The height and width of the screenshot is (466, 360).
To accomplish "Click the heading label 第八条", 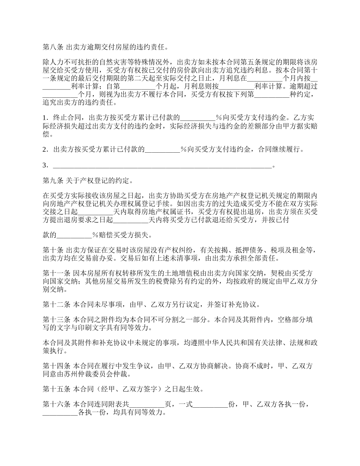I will click(x=53, y=48).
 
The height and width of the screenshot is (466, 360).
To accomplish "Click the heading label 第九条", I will click(x=53, y=180).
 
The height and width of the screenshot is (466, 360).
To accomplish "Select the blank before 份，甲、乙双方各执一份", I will click(x=211, y=405).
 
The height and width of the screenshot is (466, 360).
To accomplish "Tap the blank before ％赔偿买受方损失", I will click(x=75, y=235).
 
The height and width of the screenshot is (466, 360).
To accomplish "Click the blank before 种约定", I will click(x=272, y=94).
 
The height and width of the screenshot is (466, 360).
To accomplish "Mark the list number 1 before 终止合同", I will click(x=45, y=117).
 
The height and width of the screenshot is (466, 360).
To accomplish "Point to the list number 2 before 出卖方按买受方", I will click(x=45, y=149).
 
